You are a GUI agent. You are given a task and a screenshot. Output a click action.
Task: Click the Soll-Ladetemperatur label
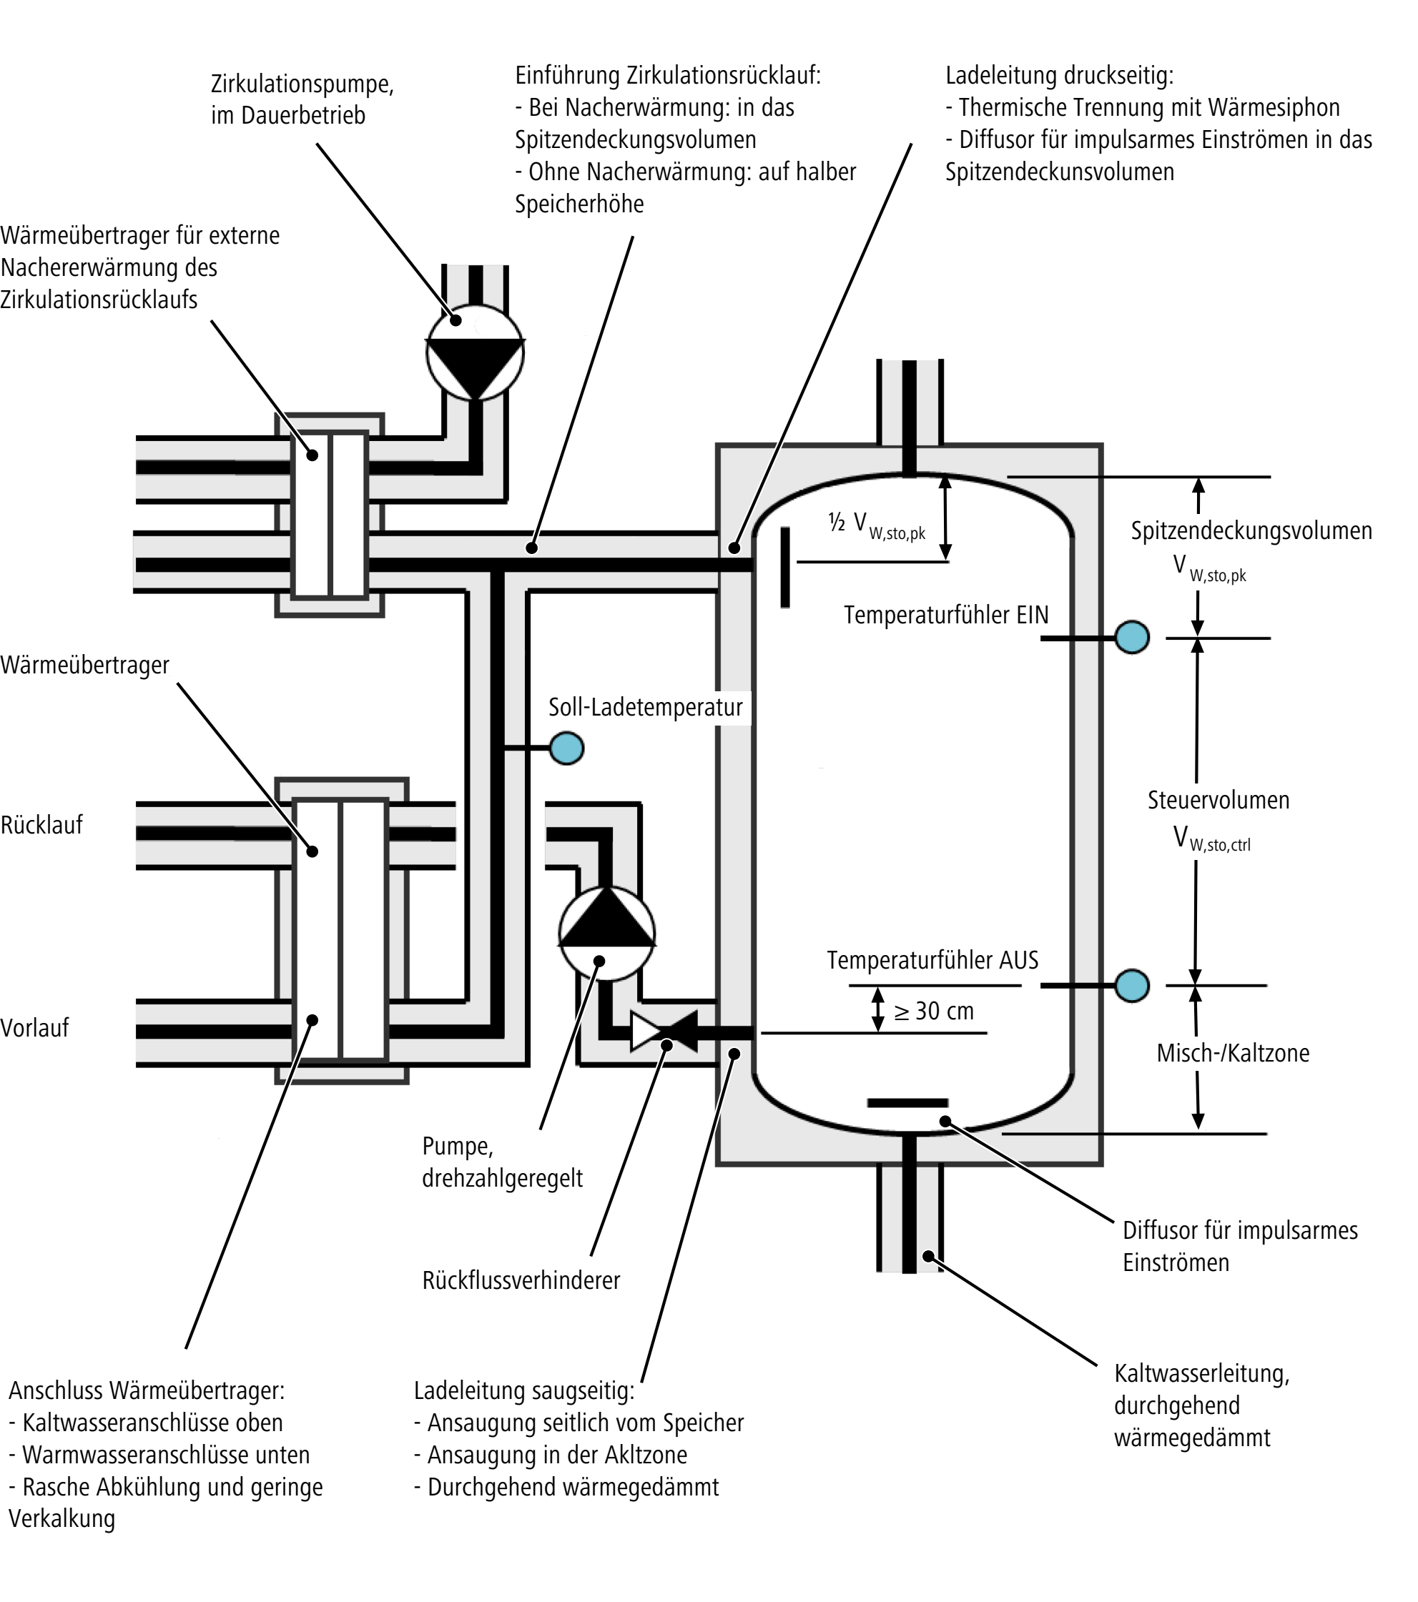pos(645,708)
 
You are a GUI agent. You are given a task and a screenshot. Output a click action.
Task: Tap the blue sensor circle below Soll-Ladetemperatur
pos(567,748)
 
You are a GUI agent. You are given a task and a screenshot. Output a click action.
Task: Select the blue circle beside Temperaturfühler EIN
pos(1132,637)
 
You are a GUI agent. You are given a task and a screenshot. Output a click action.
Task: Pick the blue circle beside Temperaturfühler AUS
pos(1132,985)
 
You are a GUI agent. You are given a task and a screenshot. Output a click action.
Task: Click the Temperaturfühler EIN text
pos(946,615)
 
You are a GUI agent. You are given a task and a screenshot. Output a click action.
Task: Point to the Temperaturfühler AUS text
pos(932,960)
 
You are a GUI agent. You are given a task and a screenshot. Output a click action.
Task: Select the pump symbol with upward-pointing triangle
pos(606,933)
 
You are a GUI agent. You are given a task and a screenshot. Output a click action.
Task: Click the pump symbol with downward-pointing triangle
pos(475,353)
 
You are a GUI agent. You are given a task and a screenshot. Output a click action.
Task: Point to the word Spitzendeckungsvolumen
pos(1251,530)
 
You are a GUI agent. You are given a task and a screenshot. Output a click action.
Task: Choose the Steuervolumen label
pos(1218,800)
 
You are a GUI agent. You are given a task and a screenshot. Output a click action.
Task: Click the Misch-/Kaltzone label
pos(1233,1054)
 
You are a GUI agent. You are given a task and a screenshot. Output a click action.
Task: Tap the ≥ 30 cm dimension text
pos(934,1011)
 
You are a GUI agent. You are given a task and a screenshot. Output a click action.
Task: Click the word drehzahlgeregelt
pos(503,1179)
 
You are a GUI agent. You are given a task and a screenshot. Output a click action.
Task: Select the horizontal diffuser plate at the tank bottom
pos(907,1104)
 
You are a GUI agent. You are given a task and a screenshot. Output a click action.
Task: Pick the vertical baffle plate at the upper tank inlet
pos(784,567)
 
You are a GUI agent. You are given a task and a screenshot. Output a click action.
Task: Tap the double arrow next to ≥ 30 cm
pos(878,1009)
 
